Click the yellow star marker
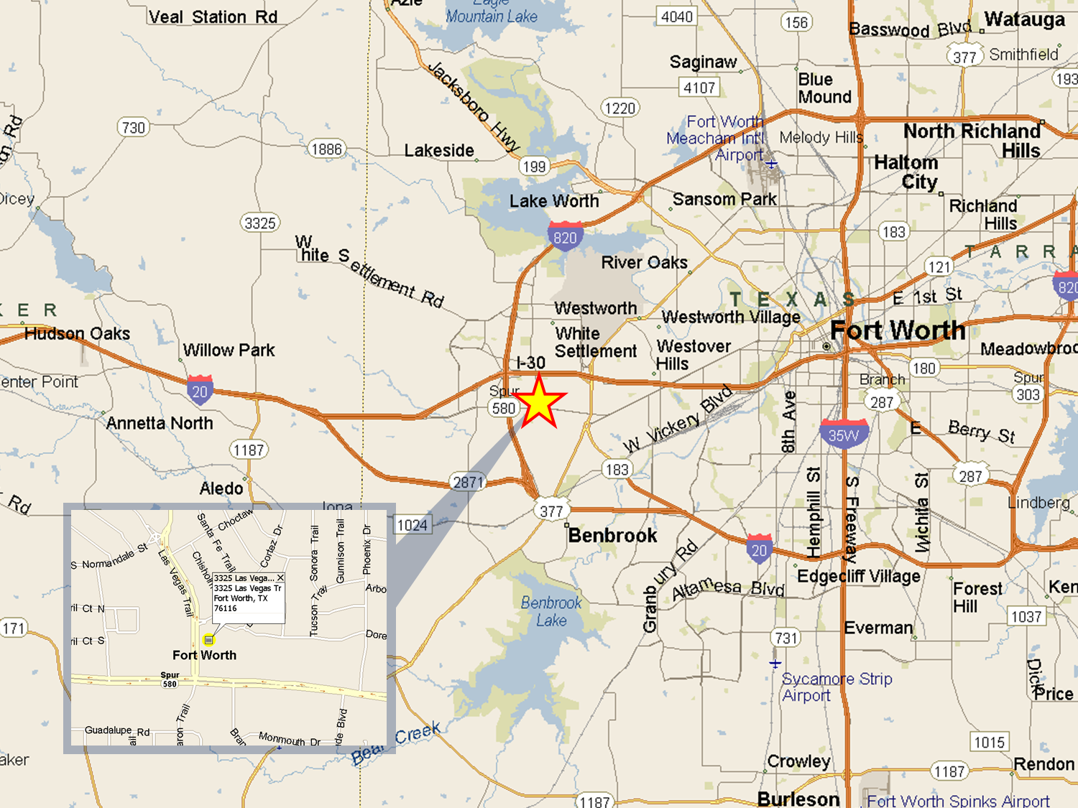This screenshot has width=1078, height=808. [539, 401]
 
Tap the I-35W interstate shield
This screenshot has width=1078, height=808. [844, 435]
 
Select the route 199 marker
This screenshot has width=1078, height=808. [534, 167]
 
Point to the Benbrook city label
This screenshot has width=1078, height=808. [612, 536]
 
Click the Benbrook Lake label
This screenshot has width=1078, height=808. [551, 611]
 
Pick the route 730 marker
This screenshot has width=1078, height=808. [133, 128]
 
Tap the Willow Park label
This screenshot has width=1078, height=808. [229, 350]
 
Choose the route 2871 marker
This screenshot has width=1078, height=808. [468, 483]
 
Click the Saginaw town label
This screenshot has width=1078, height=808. [703, 62]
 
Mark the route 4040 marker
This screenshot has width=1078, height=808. [677, 17]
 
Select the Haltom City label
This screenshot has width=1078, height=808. [906, 172]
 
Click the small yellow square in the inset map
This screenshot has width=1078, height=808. [209, 639]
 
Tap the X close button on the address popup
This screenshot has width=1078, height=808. [280, 577]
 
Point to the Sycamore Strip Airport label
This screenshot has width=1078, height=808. [837, 687]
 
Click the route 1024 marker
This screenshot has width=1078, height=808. [413, 525]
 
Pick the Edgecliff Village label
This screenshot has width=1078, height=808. [858, 576]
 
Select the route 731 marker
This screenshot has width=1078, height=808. [786, 638]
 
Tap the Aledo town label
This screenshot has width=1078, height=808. [221, 488]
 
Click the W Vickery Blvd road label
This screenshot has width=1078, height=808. [678, 421]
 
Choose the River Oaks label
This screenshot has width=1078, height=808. [644, 263]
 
